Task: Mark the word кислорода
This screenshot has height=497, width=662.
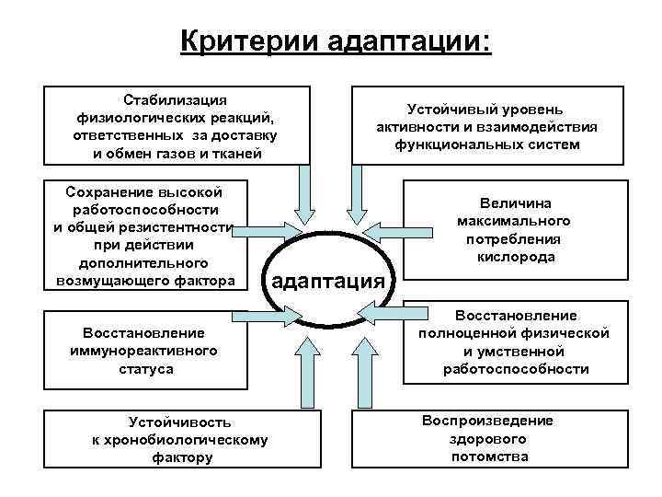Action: [x=515, y=257]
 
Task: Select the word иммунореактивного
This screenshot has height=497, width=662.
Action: [x=143, y=351]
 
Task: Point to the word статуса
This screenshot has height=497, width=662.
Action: [x=143, y=368]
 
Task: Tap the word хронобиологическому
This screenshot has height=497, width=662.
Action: [x=180, y=439]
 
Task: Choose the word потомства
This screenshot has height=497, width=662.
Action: [x=489, y=457]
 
